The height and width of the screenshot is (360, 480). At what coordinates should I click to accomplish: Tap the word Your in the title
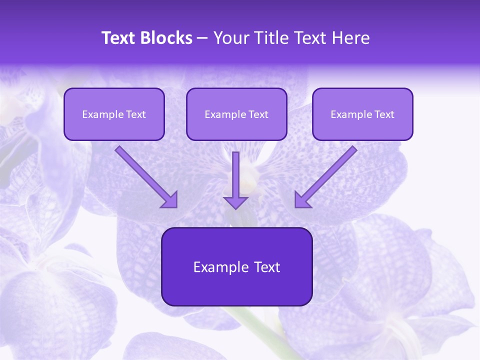point(230,38)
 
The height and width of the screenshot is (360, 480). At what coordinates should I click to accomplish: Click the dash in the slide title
point(202,38)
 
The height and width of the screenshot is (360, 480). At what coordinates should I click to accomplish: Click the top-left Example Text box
point(114,114)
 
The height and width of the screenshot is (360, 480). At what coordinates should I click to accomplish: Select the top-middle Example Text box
point(236,114)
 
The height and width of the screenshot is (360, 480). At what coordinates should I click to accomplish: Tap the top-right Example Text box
point(362,114)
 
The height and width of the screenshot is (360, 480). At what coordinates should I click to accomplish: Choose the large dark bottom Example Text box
point(236,267)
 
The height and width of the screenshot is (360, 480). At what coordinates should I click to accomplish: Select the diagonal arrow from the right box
point(330,172)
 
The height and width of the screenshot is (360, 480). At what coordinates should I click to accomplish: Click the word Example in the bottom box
point(214,267)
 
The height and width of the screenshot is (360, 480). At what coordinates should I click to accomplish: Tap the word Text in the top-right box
point(384,114)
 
